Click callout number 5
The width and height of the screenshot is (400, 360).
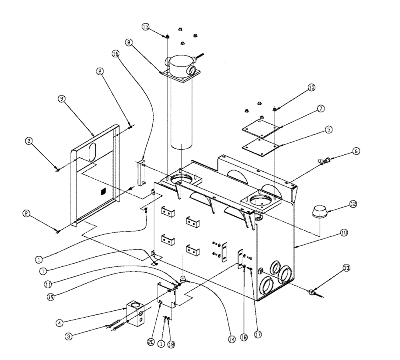point(328,130)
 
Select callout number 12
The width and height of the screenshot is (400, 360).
point(352,204)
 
